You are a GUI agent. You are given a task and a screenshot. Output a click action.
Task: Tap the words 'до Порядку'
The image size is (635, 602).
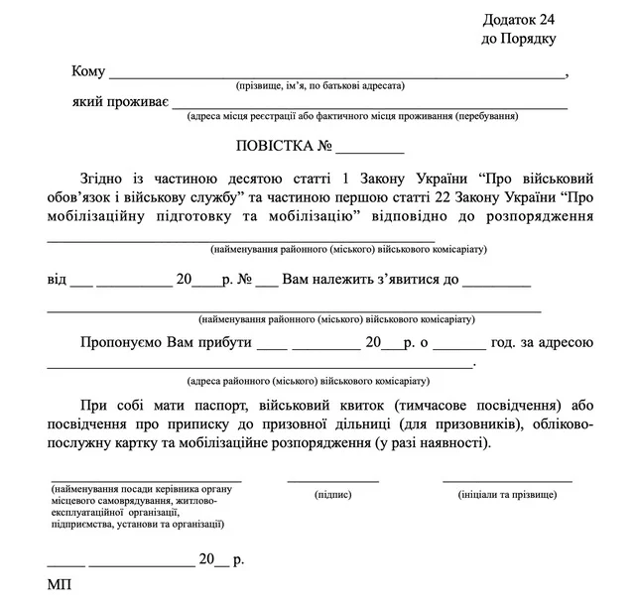pyautogui.click(x=518, y=39)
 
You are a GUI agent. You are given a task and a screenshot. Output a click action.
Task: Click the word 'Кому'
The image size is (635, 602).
pyautogui.click(x=88, y=71)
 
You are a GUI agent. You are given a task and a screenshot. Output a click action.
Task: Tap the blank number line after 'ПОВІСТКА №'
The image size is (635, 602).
pyautogui.click(x=370, y=152)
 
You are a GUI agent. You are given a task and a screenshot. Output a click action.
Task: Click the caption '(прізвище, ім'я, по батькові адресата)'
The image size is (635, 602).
pyautogui.click(x=318, y=87)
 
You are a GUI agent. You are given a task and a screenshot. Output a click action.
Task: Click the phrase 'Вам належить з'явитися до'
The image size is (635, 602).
pyautogui.click(x=370, y=281)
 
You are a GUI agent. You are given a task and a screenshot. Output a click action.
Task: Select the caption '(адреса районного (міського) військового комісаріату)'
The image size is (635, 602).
pyautogui.click(x=309, y=381)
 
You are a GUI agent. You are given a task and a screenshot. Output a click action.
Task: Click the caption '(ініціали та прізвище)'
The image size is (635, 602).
pyautogui.click(x=507, y=493)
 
